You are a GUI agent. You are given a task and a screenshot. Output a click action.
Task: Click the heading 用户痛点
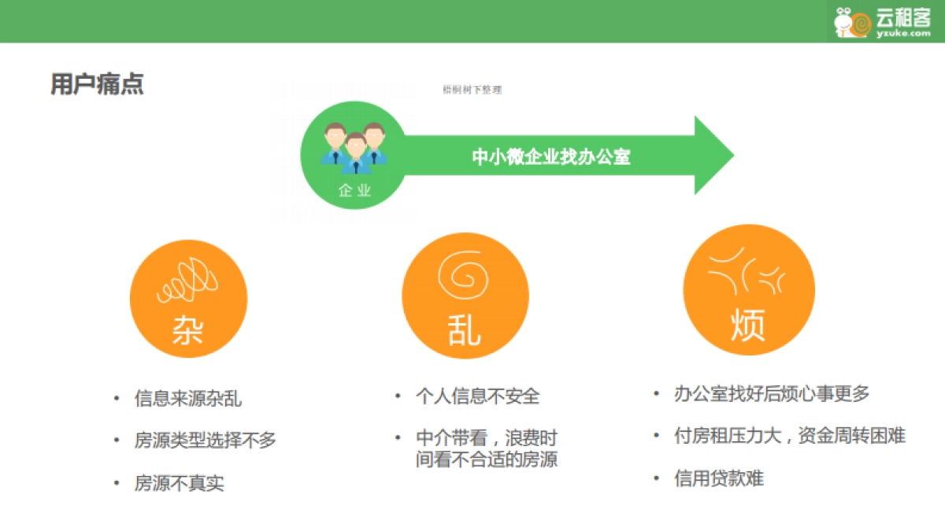point(97,85)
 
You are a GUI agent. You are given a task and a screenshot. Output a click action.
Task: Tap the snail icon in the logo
point(852,22)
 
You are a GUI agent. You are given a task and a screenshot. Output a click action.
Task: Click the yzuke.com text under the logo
point(902,33)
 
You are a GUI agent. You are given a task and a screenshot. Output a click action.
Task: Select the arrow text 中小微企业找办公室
point(551,156)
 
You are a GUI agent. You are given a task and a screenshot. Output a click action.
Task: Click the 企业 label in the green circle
point(354,190)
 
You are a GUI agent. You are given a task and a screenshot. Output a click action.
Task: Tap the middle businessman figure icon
point(355,152)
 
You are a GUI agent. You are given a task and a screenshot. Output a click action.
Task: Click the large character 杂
point(187,330)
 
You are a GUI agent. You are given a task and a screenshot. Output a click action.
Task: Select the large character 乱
point(464,331)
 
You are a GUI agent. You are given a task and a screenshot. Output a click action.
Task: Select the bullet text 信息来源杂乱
point(188,398)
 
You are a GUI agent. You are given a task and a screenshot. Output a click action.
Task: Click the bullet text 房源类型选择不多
point(206,440)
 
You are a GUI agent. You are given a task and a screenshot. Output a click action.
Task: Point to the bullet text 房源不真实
point(180,482)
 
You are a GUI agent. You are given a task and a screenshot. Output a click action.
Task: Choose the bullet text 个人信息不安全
point(478,396)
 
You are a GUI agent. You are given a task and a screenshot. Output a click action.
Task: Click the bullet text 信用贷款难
point(719,478)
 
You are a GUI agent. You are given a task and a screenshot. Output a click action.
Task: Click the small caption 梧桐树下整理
point(472,90)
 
